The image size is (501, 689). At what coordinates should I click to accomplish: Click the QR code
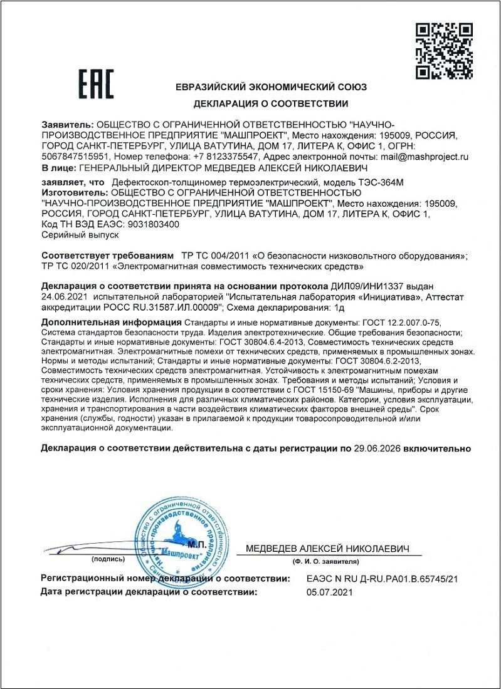click(x=445, y=51)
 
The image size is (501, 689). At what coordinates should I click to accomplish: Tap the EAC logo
click(x=96, y=84)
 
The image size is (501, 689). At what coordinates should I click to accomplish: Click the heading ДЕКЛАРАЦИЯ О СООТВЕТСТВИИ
click(x=271, y=103)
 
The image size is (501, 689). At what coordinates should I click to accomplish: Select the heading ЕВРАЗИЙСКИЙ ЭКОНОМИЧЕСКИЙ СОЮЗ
click(x=271, y=87)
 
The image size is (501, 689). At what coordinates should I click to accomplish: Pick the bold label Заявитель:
click(x=67, y=124)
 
